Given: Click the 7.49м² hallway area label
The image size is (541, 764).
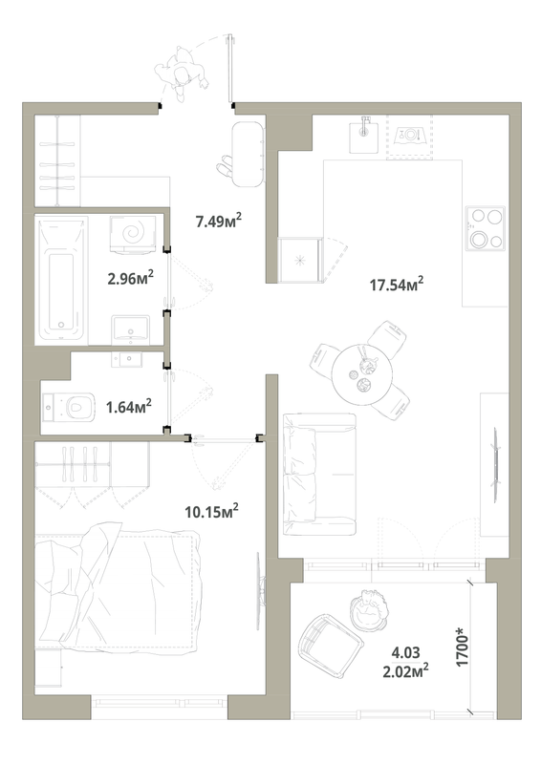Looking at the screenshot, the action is [x=219, y=222].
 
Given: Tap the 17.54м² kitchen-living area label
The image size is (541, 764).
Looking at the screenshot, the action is [x=396, y=284].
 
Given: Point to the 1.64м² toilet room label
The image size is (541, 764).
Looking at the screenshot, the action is [x=129, y=406].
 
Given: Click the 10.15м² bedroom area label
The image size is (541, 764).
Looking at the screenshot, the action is [x=212, y=511].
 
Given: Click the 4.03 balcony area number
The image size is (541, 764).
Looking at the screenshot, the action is [x=406, y=652].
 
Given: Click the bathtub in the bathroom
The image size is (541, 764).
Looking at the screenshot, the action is [x=61, y=281].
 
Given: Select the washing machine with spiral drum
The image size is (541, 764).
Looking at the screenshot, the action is [x=133, y=234].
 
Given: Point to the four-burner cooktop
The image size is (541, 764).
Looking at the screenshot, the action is [x=486, y=228].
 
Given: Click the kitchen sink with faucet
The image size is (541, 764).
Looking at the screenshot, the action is [x=364, y=135].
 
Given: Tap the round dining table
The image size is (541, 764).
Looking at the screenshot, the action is [x=362, y=374].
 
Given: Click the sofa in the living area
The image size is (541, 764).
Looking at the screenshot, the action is [x=319, y=474].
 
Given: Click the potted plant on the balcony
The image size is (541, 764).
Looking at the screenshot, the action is [x=370, y=608].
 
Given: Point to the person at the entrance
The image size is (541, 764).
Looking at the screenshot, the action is [x=180, y=74].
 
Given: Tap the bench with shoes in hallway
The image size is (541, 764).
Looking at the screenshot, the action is [x=247, y=154].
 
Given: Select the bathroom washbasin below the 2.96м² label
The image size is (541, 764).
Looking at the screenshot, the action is [x=130, y=329].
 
